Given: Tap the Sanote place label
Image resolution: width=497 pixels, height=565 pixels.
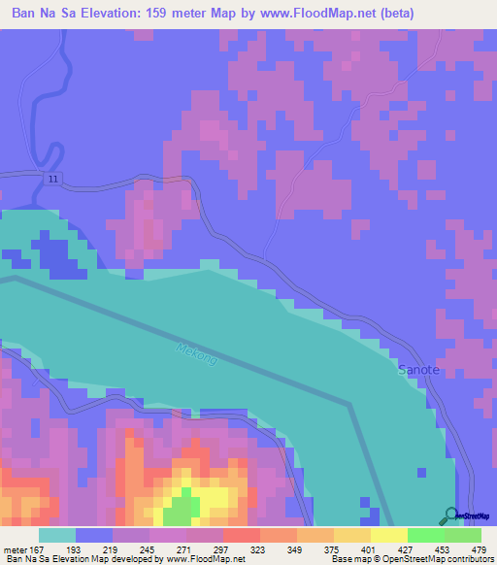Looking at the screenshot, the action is tap(419, 371).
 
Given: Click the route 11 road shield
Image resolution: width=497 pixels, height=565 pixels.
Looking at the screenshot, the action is tap(53, 181).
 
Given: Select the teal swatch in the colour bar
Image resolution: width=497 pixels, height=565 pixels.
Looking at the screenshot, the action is tap(56, 534).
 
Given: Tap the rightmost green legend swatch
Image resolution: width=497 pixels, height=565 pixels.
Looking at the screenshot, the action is tap(463, 534).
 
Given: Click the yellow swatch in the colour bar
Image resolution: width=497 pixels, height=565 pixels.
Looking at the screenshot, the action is tap(388, 534).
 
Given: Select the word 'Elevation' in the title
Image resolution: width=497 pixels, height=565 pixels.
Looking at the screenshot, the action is tap(105, 13).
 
